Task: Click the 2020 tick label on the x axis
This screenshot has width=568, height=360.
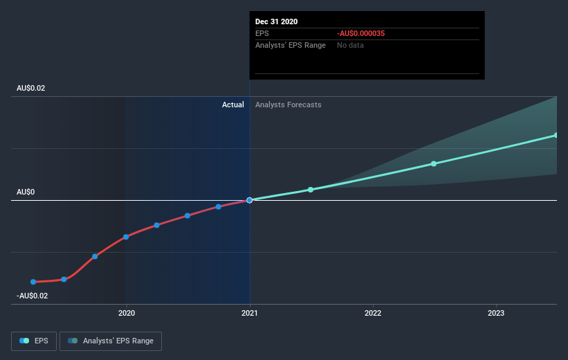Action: [x=126, y=313]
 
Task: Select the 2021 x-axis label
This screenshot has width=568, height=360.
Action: [x=250, y=313]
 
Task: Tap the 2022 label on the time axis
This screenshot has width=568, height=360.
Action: [x=373, y=313]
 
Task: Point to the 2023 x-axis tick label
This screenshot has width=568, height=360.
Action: [x=496, y=313]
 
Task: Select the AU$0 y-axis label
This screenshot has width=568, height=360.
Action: [x=27, y=192]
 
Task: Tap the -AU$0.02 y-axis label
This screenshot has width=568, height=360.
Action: [x=32, y=296]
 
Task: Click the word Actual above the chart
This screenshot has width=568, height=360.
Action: [x=233, y=105]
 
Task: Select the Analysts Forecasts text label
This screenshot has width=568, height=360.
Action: [x=288, y=105]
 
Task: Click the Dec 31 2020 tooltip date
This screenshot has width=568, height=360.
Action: [x=277, y=21]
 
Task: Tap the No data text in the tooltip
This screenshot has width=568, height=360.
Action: [x=350, y=45]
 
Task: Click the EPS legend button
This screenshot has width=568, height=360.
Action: [x=35, y=341]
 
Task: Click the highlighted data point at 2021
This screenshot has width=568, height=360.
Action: [x=249, y=200]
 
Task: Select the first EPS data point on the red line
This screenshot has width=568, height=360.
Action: [x=33, y=282]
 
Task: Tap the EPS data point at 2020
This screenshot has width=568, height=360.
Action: [x=126, y=237]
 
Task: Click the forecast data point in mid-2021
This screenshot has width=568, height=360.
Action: [x=311, y=190]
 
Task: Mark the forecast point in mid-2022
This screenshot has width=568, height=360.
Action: [x=434, y=163]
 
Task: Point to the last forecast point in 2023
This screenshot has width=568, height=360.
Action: [x=556, y=136]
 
